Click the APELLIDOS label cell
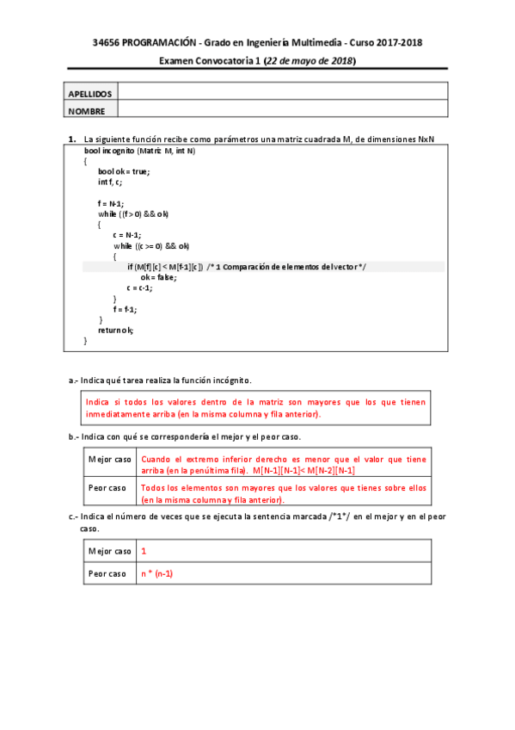pyautogui.click(x=89, y=93)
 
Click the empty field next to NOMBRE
pyautogui.click(x=282, y=109)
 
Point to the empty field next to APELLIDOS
pyautogui.click(x=282, y=92)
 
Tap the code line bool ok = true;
pyautogui.click(x=124, y=171)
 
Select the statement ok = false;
pyautogui.click(x=158, y=277)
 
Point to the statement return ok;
pyautogui.click(x=116, y=330)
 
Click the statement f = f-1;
pyautogui.click(x=125, y=309)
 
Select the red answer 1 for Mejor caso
pyautogui.click(x=144, y=551)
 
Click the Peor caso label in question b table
pyautogui.click(x=107, y=489)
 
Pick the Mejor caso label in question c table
pyautogui.click(x=110, y=551)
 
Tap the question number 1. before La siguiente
pyautogui.click(x=72, y=139)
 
